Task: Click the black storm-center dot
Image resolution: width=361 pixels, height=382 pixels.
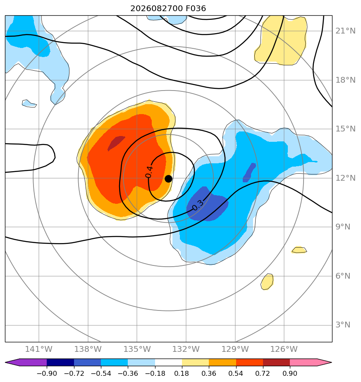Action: pos(168,179)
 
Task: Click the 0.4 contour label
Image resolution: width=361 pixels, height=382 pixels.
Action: pos(149,172)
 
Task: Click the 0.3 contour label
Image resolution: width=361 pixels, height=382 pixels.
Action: pos(198,205)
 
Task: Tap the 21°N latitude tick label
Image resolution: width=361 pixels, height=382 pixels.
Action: pos(345,31)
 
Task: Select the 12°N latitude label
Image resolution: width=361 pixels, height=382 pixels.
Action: pos(345,178)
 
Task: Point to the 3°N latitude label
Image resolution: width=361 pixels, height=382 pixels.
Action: pos(343,325)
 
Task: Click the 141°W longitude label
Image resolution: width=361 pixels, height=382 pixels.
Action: pos(39,349)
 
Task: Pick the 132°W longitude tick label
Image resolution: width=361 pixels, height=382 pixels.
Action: pos(186,349)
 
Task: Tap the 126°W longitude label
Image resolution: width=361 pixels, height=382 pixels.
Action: pos(284,349)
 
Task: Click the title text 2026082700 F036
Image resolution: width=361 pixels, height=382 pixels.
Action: pos(168,9)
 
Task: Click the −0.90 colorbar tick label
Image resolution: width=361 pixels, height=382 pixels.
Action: pos(47,373)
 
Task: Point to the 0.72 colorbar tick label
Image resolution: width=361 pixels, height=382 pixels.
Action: pos(263,373)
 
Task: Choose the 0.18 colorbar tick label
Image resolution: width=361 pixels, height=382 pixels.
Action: pos(182,373)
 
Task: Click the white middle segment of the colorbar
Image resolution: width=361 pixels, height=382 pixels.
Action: pos(168,362)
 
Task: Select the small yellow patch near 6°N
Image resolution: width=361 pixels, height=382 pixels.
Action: pos(267,282)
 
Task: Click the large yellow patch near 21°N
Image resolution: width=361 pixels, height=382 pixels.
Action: pos(280,40)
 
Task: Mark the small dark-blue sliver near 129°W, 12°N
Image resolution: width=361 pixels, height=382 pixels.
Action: pos(249,172)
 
